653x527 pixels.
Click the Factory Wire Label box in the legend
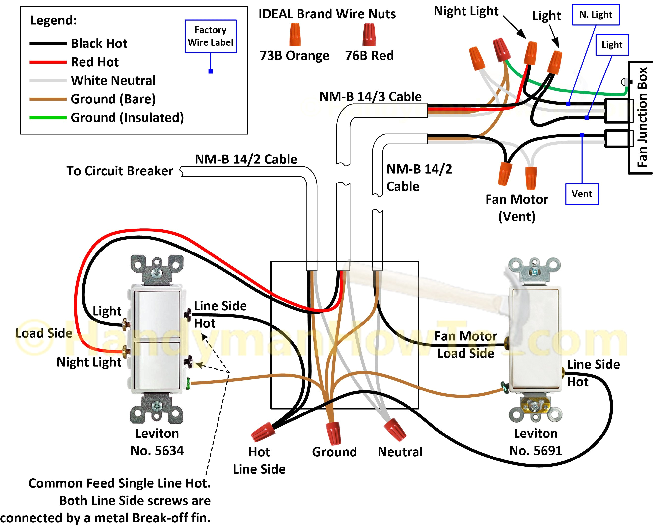pos(210,36)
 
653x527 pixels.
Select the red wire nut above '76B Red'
pos(369,35)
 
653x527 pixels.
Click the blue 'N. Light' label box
pos(596,15)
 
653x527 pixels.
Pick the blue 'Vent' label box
pos(582,194)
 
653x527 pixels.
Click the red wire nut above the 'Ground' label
pos(333,433)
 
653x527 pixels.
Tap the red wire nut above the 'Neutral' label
pos(395,429)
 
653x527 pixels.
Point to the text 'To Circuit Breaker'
pos(120,171)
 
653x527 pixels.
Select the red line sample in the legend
pos(48,62)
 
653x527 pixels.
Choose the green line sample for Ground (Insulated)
pos(48,118)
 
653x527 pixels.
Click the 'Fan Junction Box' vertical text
pos(642,117)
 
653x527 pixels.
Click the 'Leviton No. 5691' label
pos(535,442)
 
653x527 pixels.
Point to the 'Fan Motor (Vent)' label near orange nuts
pos(517,208)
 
